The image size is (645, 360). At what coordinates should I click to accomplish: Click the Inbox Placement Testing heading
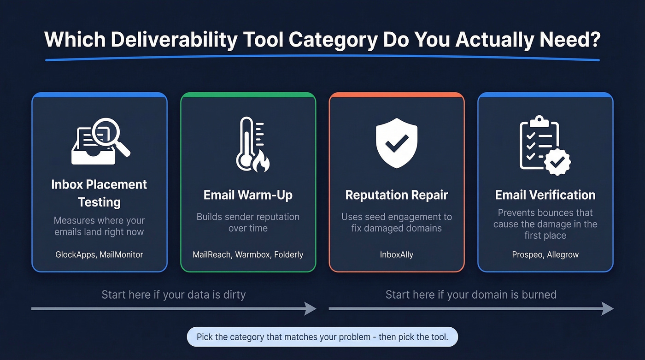pyautogui.click(x=99, y=193)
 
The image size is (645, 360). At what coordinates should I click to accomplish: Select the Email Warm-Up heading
pyautogui.click(x=248, y=195)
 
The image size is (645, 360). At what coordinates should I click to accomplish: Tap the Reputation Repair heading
pyautogui.click(x=396, y=195)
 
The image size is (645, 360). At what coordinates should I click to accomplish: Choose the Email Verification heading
pyautogui.click(x=545, y=195)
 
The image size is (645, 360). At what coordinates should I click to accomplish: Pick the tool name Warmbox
pyautogui.click(x=253, y=254)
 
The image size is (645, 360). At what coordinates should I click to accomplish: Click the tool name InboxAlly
pyautogui.click(x=396, y=254)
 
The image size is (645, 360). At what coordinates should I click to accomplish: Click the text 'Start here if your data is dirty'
pyautogui.click(x=173, y=295)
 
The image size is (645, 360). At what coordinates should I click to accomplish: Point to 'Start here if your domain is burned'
pyautogui.click(x=471, y=295)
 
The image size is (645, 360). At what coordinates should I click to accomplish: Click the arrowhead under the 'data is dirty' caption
pyautogui.click(x=310, y=308)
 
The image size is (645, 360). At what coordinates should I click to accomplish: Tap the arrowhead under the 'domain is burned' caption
pyautogui.click(x=607, y=308)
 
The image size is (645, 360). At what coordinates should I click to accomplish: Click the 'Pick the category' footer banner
pyautogui.click(x=322, y=337)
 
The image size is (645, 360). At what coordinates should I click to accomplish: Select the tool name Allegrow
pyautogui.click(x=563, y=254)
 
